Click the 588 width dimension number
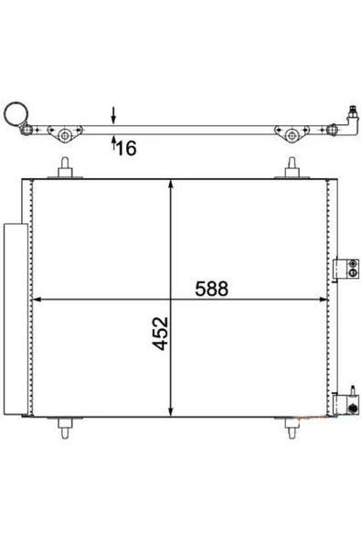tap(211, 289)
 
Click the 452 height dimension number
tap(161, 334)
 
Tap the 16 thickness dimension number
tap(127, 148)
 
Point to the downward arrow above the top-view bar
tap(113, 115)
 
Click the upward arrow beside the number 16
tap(113, 143)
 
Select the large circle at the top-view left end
tap(16, 113)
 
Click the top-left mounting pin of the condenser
tap(65, 168)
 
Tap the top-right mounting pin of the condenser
tap(292, 168)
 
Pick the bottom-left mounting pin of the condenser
tap(65, 428)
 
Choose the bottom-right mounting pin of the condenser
tap(292, 428)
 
